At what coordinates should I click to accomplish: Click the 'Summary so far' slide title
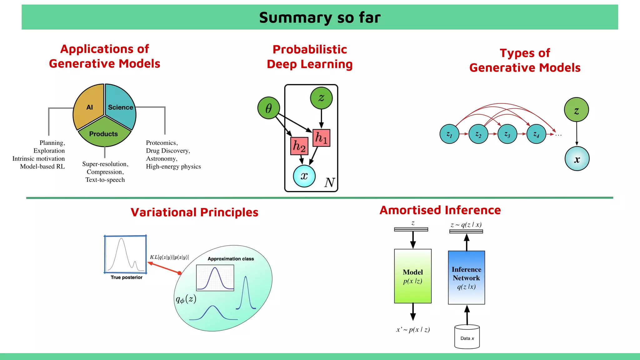pyautogui.click(x=320, y=17)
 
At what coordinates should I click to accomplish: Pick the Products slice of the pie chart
pyautogui.click(x=104, y=134)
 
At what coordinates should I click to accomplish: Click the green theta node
pyautogui.click(x=268, y=108)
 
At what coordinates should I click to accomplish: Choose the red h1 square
pyautogui.click(x=321, y=138)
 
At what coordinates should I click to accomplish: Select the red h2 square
pyautogui.click(x=299, y=146)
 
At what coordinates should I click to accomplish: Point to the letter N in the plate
pyautogui.click(x=330, y=182)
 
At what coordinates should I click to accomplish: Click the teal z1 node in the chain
pyautogui.click(x=449, y=134)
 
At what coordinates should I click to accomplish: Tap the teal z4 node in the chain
pyautogui.click(x=536, y=134)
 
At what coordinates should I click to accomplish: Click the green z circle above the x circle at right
pyautogui.click(x=577, y=110)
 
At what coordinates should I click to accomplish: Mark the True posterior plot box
pyautogui.click(x=125, y=254)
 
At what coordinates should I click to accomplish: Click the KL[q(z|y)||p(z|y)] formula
pyautogui.click(x=169, y=257)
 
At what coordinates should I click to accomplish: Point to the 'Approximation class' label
pyautogui.click(x=231, y=259)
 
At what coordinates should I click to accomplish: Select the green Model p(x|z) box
pyautogui.click(x=413, y=276)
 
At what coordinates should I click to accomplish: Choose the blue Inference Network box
pyautogui.click(x=467, y=277)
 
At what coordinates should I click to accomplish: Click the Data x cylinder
pyautogui.click(x=467, y=337)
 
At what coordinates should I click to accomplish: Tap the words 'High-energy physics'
pyautogui.click(x=173, y=167)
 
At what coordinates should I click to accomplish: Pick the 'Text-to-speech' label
pyautogui.click(x=105, y=180)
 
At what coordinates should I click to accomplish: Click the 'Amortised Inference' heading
pyautogui.click(x=440, y=210)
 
